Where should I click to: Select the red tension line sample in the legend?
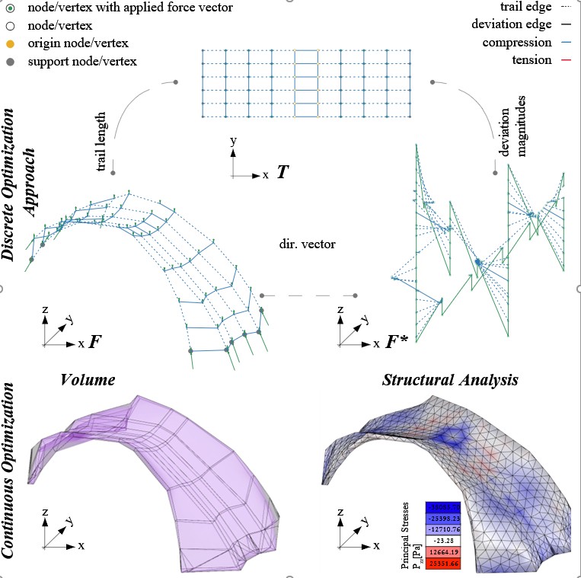[x=568, y=59]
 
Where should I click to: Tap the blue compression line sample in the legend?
[x=568, y=42]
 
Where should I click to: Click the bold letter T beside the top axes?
[x=282, y=173]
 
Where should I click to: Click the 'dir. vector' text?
[x=304, y=246]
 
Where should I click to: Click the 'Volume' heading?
[x=87, y=378]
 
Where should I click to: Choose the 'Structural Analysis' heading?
[x=451, y=378]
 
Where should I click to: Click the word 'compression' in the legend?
[x=517, y=42]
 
